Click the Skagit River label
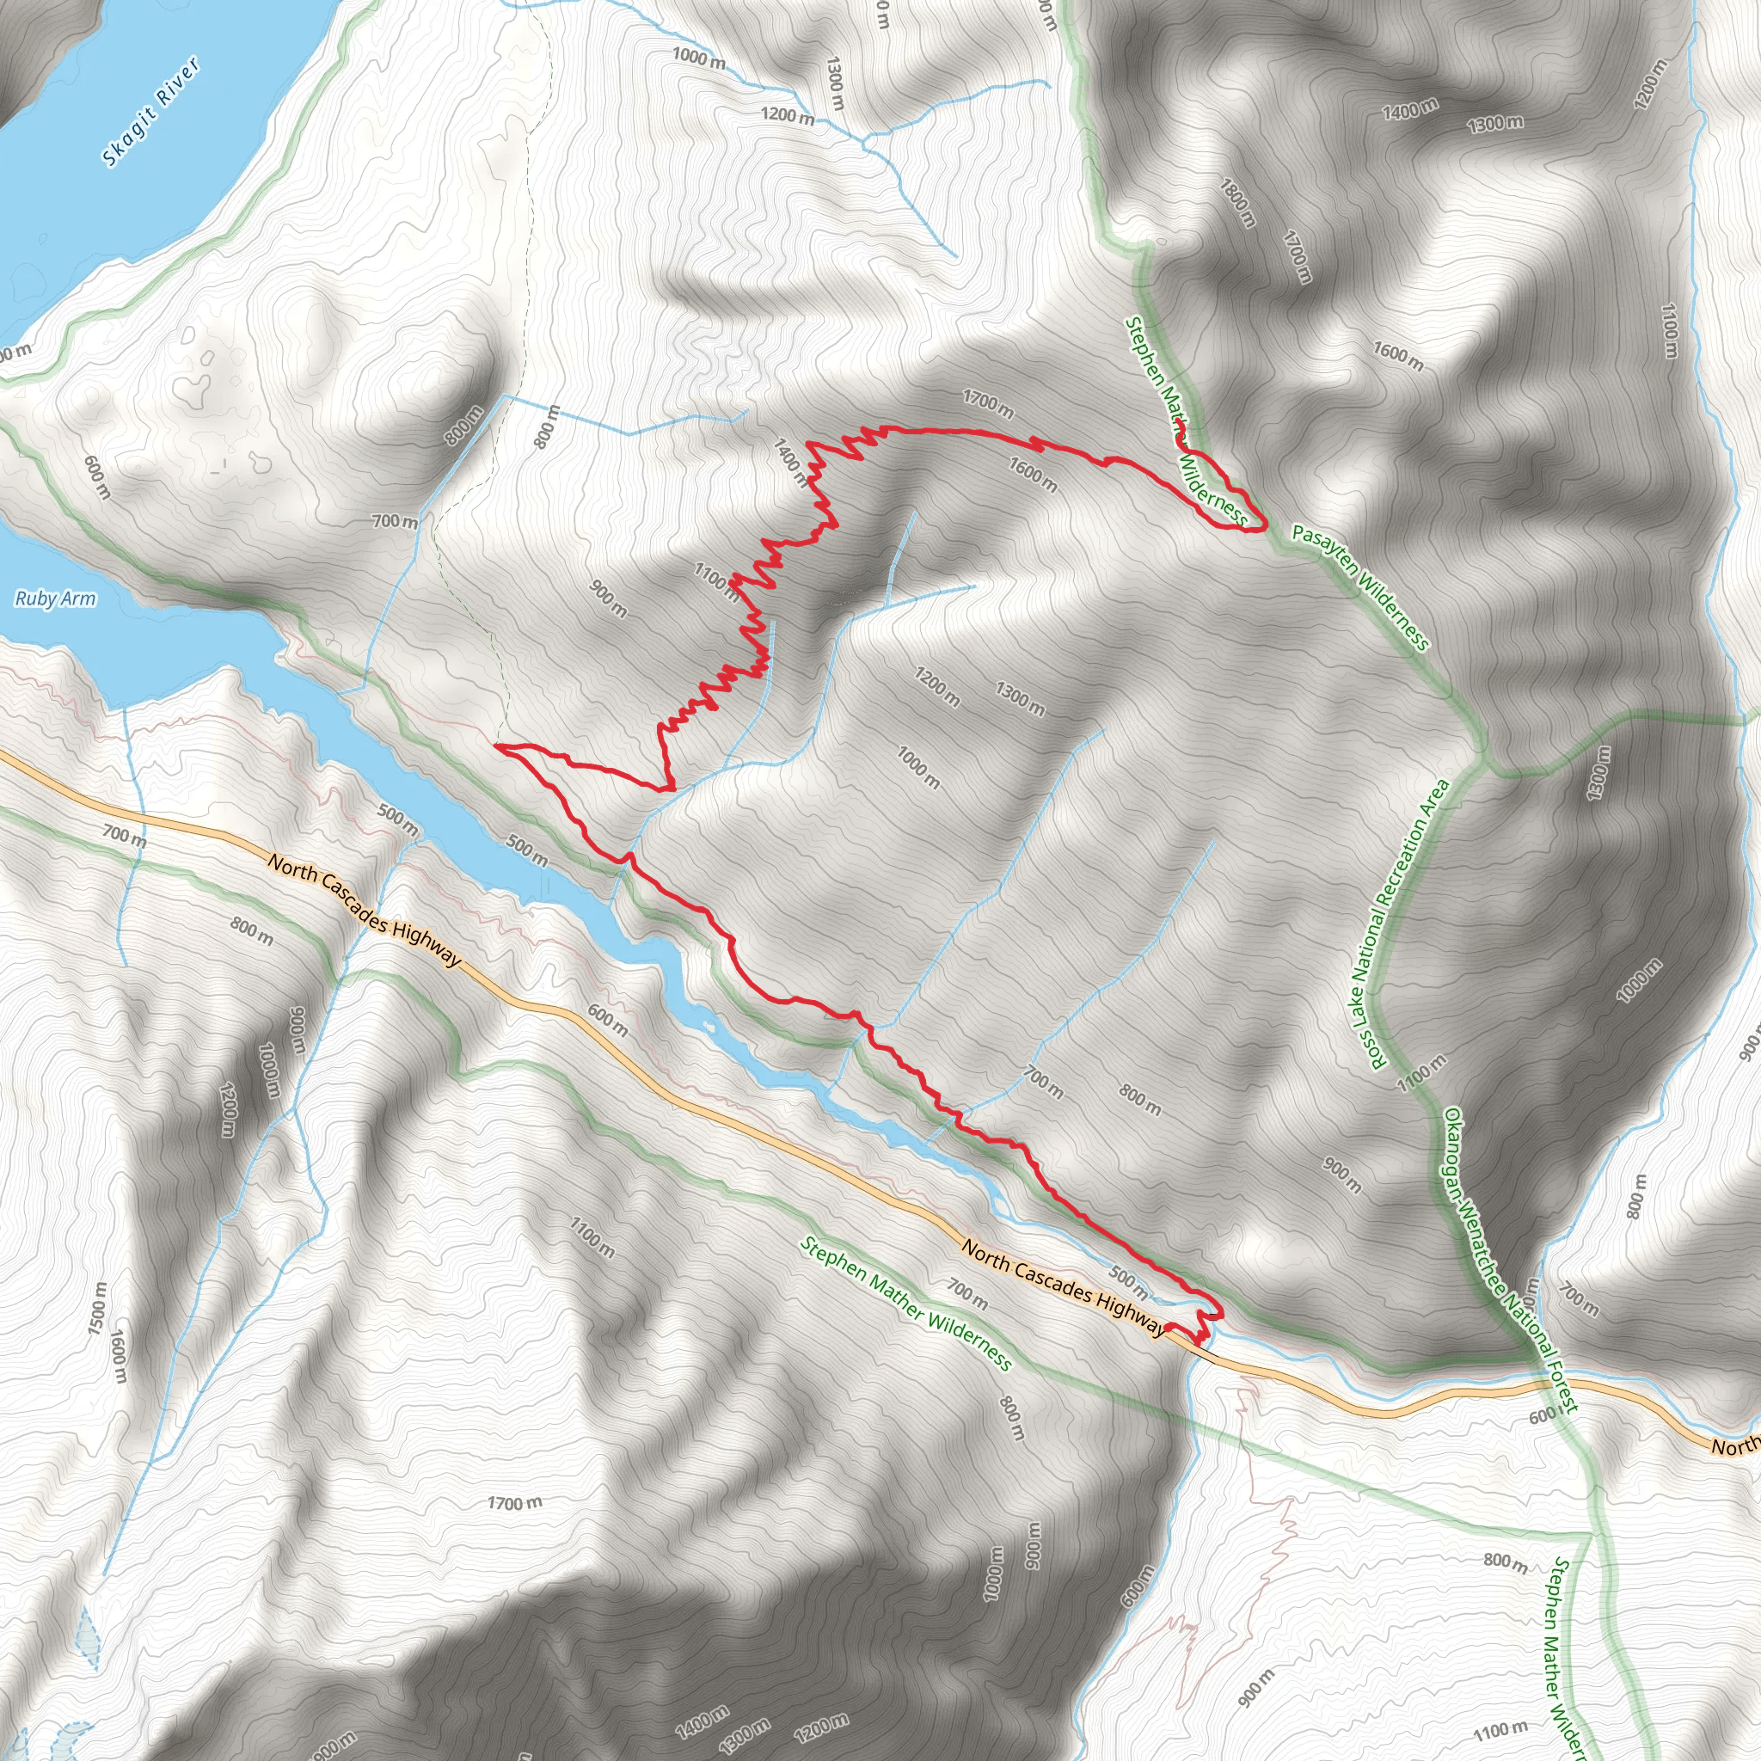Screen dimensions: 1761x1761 150,113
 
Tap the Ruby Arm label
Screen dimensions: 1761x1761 55,598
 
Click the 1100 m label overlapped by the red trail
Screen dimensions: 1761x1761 717,581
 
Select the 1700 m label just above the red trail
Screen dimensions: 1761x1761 988,404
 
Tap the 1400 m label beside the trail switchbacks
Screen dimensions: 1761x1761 789,461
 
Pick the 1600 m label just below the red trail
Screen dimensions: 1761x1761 1033,475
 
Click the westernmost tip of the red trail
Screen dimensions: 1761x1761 498,746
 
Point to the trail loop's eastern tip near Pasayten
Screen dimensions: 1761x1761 1263,526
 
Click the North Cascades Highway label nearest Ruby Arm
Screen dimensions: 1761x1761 365,909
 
